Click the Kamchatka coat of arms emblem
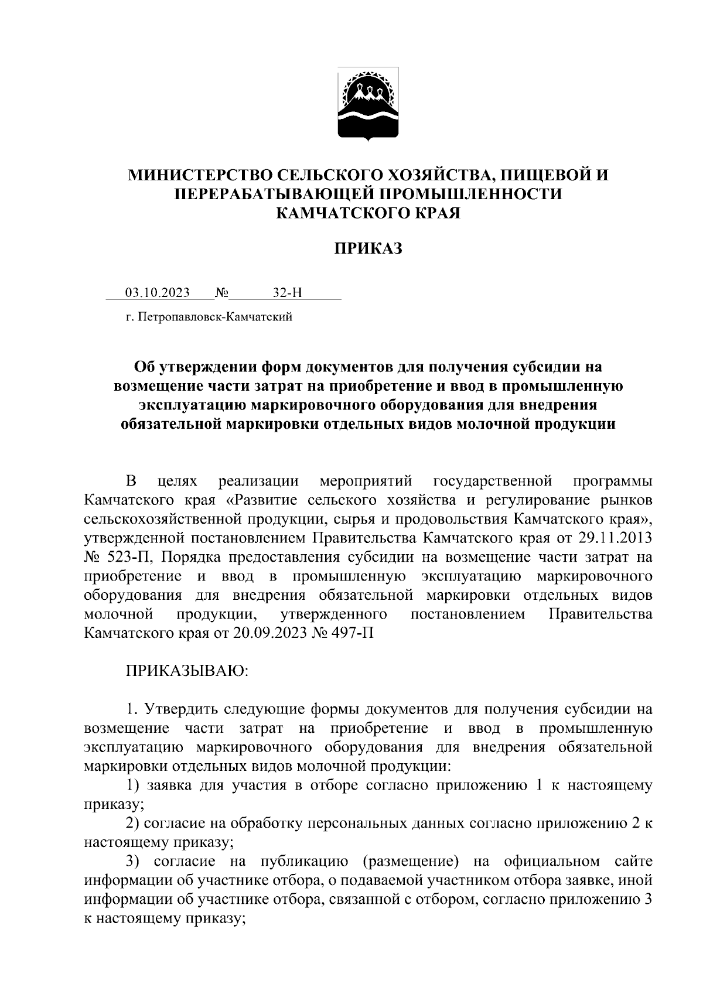[x=368, y=104]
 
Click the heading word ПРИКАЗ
[x=368, y=250]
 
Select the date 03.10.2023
[x=157, y=292]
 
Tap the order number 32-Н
[x=287, y=292]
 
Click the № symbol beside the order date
[x=222, y=292]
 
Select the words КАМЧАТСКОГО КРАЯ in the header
[x=368, y=213]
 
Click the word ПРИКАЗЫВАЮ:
[x=187, y=671]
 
